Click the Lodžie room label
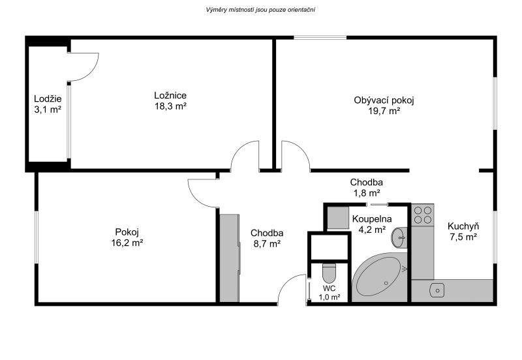tap(48, 99)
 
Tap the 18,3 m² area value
tap(170, 106)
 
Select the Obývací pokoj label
tap(384, 100)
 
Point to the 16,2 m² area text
tap(127, 243)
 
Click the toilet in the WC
tap(330, 273)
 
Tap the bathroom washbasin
tap(399, 237)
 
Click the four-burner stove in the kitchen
tap(422, 215)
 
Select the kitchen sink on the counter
tap(437, 290)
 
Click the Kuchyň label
tap(463, 226)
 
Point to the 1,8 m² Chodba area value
tap(366, 192)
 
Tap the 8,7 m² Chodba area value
tap(267, 244)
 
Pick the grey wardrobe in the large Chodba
tap(230, 258)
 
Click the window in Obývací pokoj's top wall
tap(320, 38)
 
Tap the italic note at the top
tap(260, 10)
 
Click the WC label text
tap(330, 288)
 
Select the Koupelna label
tap(372, 219)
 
